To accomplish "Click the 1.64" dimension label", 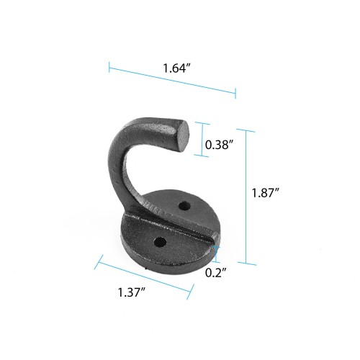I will point(176,70).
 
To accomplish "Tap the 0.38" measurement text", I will point(218,145).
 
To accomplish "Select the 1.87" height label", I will point(266,193).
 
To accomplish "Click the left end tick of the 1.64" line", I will point(109,67).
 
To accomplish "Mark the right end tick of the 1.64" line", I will point(235,91).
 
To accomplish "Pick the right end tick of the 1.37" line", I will point(192,292).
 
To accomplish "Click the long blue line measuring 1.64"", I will point(173,79).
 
